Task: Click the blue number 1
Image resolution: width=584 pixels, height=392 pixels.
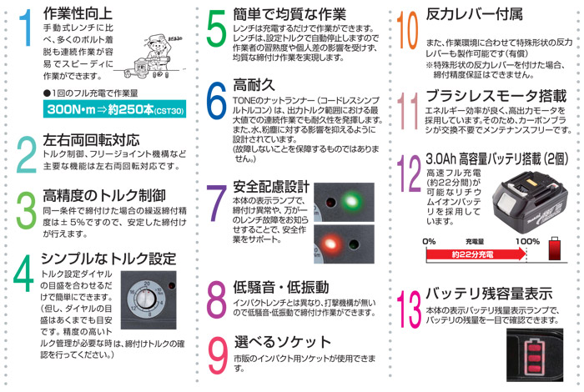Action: coord(26,28)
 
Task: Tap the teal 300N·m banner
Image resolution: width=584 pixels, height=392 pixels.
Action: coord(115,109)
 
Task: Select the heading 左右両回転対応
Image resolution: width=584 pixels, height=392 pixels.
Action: coord(91,140)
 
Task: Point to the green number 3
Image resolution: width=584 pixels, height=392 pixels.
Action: coord(26,209)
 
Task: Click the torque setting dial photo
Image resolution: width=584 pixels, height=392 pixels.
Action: coord(149,300)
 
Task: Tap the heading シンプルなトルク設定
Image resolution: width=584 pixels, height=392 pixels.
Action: coord(108,259)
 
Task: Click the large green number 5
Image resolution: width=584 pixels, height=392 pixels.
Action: coord(216,29)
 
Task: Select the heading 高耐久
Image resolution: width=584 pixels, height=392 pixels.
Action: coord(254,85)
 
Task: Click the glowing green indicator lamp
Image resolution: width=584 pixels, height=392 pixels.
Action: coord(351,201)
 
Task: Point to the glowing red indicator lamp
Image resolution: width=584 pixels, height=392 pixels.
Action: coord(330,244)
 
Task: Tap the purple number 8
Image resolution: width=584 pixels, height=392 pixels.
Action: coord(216,299)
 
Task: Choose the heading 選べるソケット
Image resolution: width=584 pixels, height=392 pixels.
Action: coord(283,342)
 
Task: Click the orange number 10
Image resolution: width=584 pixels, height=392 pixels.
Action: coord(407,30)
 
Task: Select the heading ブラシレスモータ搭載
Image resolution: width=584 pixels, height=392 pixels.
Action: coord(496,96)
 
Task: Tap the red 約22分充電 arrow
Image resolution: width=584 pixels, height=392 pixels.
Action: coord(476,254)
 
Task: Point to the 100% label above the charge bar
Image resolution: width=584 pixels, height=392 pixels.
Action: coord(527,241)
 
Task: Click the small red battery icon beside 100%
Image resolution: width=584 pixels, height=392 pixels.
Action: coord(555,249)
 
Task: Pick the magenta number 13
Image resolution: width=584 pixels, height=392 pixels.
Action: coord(410,309)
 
